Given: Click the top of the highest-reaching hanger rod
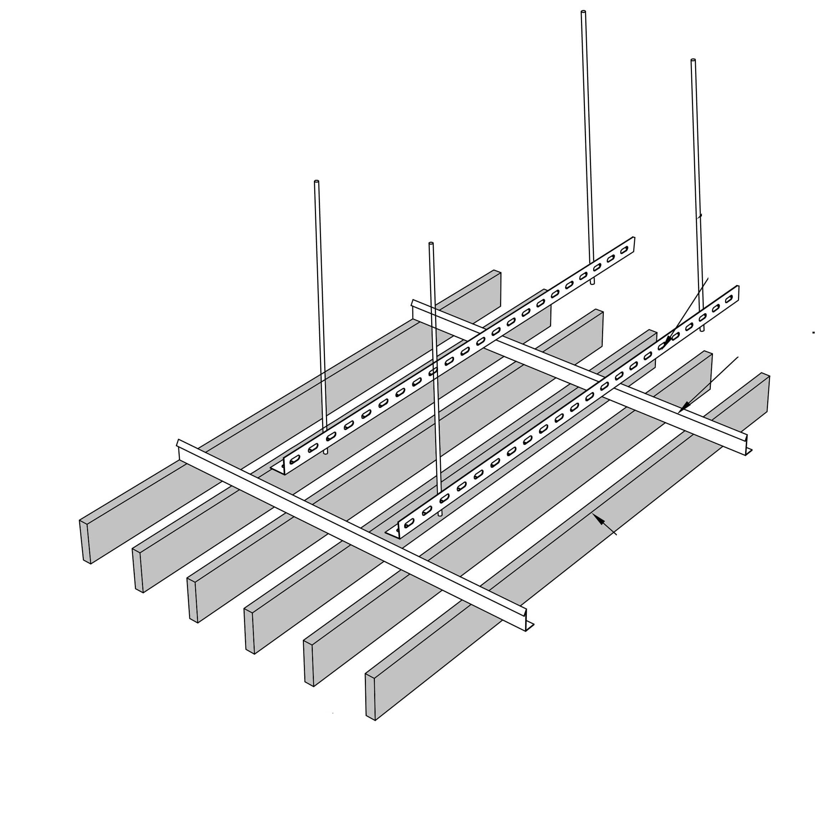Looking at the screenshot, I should click(x=584, y=12).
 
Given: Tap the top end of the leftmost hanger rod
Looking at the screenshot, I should click(x=316, y=182).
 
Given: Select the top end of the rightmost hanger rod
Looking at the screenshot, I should click(x=693, y=60).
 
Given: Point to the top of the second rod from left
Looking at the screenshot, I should click(x=431, y=243).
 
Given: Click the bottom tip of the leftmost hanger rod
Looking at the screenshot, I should click(x=325, y=453).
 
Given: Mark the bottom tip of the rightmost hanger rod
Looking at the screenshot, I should click(x=702, y=330).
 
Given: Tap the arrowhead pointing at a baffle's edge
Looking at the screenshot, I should click(x=596, y=517).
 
